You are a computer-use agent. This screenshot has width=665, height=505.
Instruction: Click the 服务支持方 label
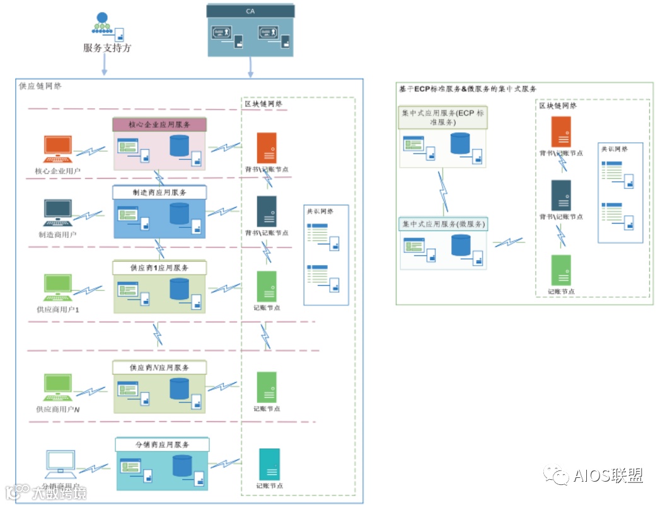[x=107, y=48]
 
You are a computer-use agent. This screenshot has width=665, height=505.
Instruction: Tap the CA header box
[x=251, y=11]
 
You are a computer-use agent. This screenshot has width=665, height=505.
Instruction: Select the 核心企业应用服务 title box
[x=159, y=124]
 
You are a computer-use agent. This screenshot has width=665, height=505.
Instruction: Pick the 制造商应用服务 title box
[x=159, y=192]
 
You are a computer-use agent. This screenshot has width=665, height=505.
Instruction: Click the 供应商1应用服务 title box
[x=159, y=268]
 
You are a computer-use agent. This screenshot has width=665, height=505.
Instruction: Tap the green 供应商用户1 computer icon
[x=58, y=288]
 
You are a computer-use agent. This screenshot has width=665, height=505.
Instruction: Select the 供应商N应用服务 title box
[x=159, y=367]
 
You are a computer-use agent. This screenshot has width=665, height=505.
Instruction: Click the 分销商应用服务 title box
[x=163, y=445]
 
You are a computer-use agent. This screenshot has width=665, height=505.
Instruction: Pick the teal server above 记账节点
[x=269, y=465]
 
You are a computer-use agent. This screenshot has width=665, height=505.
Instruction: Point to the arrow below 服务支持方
[x=104, y=65]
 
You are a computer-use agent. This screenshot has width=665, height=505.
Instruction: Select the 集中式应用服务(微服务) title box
[x=444, y=224]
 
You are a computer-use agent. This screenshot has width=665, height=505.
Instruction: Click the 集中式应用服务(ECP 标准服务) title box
[x=444, y=117]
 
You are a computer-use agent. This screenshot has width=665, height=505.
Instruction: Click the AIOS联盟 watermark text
[x=608, y=476]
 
